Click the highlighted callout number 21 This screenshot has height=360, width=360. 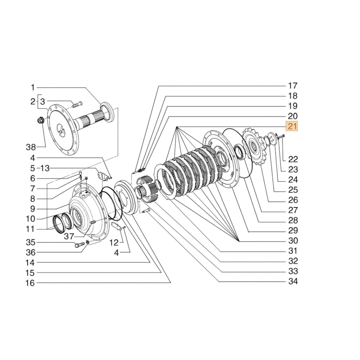pos(292,126)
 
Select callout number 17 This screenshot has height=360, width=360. pos(292,86)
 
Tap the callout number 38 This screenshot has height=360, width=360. pos(31,147)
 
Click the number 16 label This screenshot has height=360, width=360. pos(30,283)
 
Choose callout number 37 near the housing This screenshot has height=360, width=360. pos(69,236)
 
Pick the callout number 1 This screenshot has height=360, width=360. pos(32,87)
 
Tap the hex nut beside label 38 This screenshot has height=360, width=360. pos(41,120)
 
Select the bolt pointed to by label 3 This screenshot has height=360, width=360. pos(77,105)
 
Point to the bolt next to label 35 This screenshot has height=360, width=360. pos(80,245)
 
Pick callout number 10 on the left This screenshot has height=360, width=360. pos(30,219)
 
